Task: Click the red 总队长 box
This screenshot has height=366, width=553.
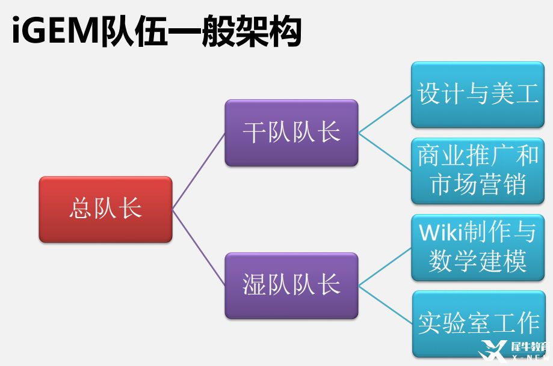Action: point(105,209)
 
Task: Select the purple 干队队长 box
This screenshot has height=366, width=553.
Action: point(291,133)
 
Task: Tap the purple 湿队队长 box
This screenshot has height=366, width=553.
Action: point(291,285)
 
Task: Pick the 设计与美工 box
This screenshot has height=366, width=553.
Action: point(478,94)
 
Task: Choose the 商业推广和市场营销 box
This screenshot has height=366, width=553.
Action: point(478,171)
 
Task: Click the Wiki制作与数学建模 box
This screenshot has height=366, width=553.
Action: point(478,247)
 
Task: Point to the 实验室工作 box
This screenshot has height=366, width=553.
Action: point(478,323)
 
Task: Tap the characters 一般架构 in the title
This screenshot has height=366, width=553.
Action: point(234,32)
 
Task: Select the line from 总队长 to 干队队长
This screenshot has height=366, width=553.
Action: point(199,171)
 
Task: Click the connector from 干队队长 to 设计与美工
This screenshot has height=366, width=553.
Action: point(385,114)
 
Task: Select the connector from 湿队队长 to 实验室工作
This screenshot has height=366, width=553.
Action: point(385,304)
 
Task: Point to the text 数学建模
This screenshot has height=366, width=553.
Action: point(478,261)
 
